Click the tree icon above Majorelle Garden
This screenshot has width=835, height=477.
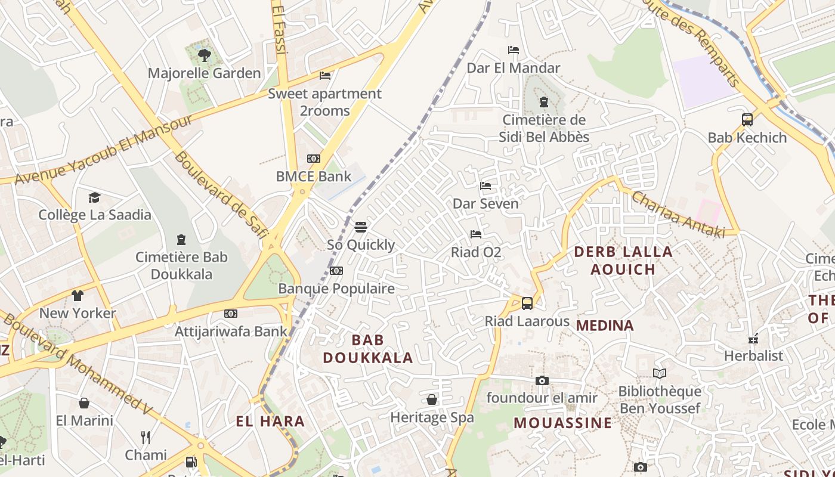coord(205,55)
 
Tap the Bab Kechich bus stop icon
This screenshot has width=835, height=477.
coord(747,120)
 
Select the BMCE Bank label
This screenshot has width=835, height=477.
coord(313,176)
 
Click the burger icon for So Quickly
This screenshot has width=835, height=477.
coord(361,227)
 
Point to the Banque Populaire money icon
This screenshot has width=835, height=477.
coord(336,271)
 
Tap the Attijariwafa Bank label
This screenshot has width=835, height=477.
coord(231,331)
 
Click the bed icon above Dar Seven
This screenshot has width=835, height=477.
coord(485,186)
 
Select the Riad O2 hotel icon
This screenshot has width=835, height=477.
coord(476,234)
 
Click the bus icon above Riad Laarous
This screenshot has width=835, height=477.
coord(527,303)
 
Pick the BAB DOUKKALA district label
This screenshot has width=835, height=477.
coord(367,349)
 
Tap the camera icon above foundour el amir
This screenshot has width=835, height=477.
coord(542,380)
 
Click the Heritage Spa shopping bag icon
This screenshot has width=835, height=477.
coord(432,399)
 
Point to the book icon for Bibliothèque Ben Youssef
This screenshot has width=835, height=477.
coord(659,374)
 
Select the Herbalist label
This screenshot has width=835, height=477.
coord(753,356)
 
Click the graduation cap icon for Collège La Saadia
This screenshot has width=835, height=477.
coord(94,197)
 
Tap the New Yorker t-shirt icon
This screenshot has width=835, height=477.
coord(78,295)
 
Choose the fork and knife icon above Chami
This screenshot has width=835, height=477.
coord(146,438)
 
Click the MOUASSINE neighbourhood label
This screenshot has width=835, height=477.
coord(562,423)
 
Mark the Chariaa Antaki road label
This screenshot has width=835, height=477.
coord(678,214)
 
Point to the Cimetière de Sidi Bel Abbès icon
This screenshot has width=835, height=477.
coord(543,102)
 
